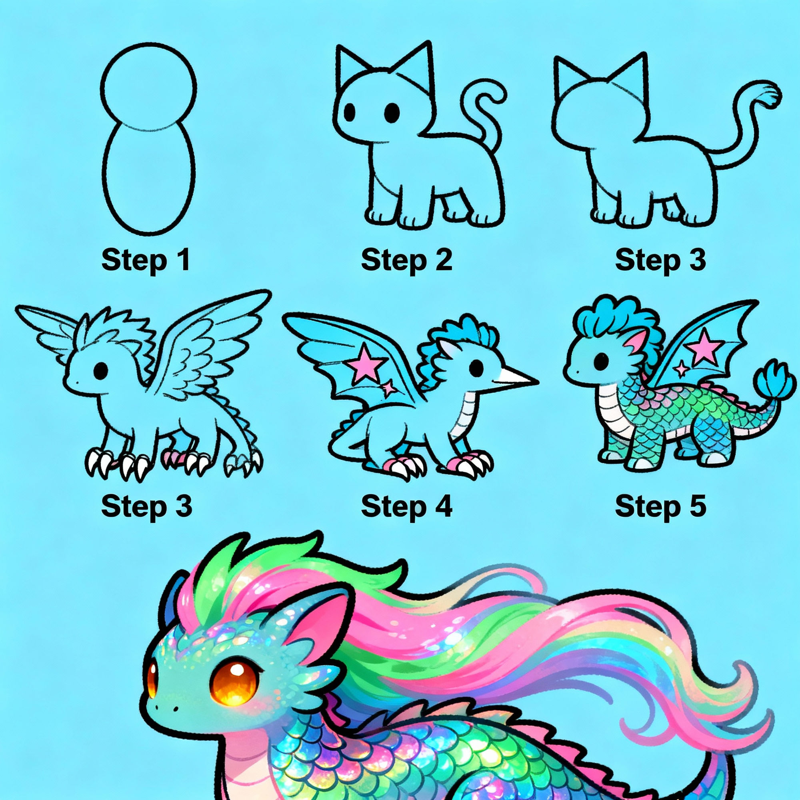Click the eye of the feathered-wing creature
point(101,370)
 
